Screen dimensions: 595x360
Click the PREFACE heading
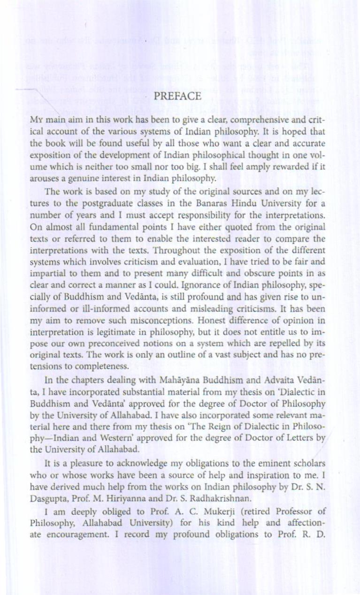pos(178,97)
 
